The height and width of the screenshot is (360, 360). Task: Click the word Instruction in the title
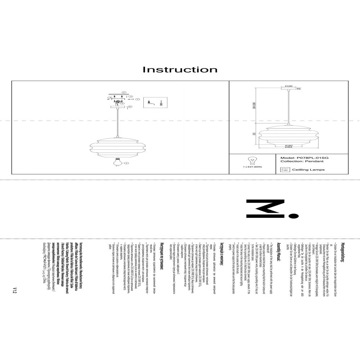180,69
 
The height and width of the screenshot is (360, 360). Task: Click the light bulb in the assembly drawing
118,162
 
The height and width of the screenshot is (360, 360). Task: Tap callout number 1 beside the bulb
126,163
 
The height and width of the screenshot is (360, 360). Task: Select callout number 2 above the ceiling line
123,93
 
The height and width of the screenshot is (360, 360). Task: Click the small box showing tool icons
154,103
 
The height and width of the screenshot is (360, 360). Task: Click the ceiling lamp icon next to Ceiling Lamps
283,170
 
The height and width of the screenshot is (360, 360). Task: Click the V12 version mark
15,291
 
